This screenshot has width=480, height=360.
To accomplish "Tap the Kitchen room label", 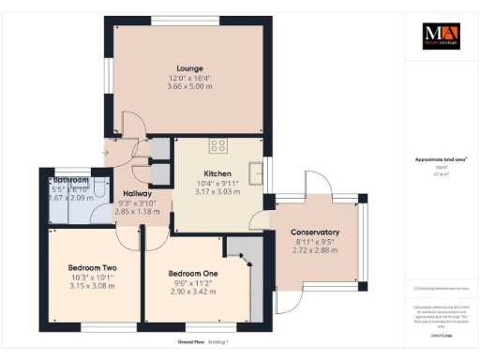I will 217,173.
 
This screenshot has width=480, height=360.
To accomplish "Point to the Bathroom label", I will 70,180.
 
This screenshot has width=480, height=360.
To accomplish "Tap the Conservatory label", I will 315,232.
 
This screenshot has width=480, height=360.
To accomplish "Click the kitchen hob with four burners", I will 219,145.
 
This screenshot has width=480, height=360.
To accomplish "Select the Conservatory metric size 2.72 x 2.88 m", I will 315,250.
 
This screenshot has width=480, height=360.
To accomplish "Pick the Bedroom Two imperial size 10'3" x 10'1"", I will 92,277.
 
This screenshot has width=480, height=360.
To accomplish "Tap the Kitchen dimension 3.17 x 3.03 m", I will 217,191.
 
